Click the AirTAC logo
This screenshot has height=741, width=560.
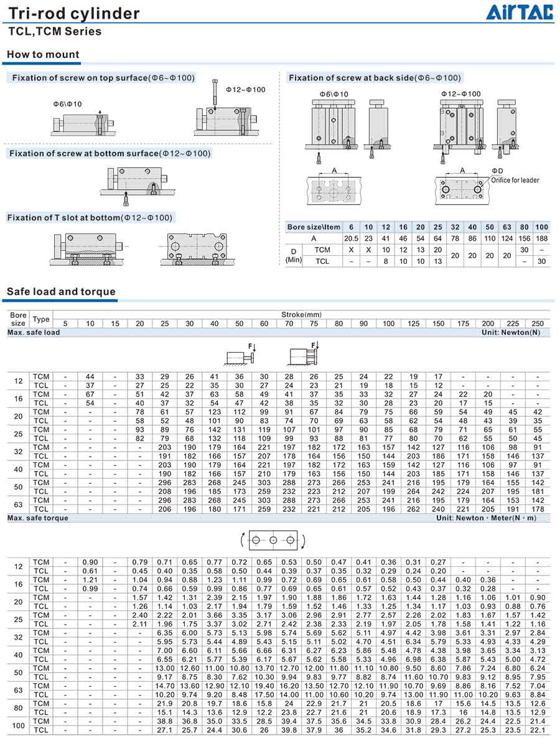point(520,12)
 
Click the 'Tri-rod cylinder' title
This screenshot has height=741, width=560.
point(74,14)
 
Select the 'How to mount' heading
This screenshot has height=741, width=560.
point(43,55)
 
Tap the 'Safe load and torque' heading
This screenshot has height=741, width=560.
point(61,291)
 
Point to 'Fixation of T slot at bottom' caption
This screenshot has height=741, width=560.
point(90,217)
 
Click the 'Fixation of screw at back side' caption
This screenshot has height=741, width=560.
point(375,78)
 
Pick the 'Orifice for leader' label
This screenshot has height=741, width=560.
point(515,180)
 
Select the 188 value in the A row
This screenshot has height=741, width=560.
point(541,238)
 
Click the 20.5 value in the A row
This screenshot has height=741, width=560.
point(351,238)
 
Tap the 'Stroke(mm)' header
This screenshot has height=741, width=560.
point(302,315)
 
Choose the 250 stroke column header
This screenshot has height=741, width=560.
point(538,324)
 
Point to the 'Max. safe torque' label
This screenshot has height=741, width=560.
point(38,518)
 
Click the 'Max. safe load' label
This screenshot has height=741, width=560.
point(34,333)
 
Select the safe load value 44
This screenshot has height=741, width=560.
point(90,377)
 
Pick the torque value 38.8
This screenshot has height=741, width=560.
point(165,721)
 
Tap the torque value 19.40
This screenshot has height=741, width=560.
point(264,686)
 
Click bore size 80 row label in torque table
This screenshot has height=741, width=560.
point(19,708)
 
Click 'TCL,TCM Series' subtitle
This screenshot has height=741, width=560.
point(55,32)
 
